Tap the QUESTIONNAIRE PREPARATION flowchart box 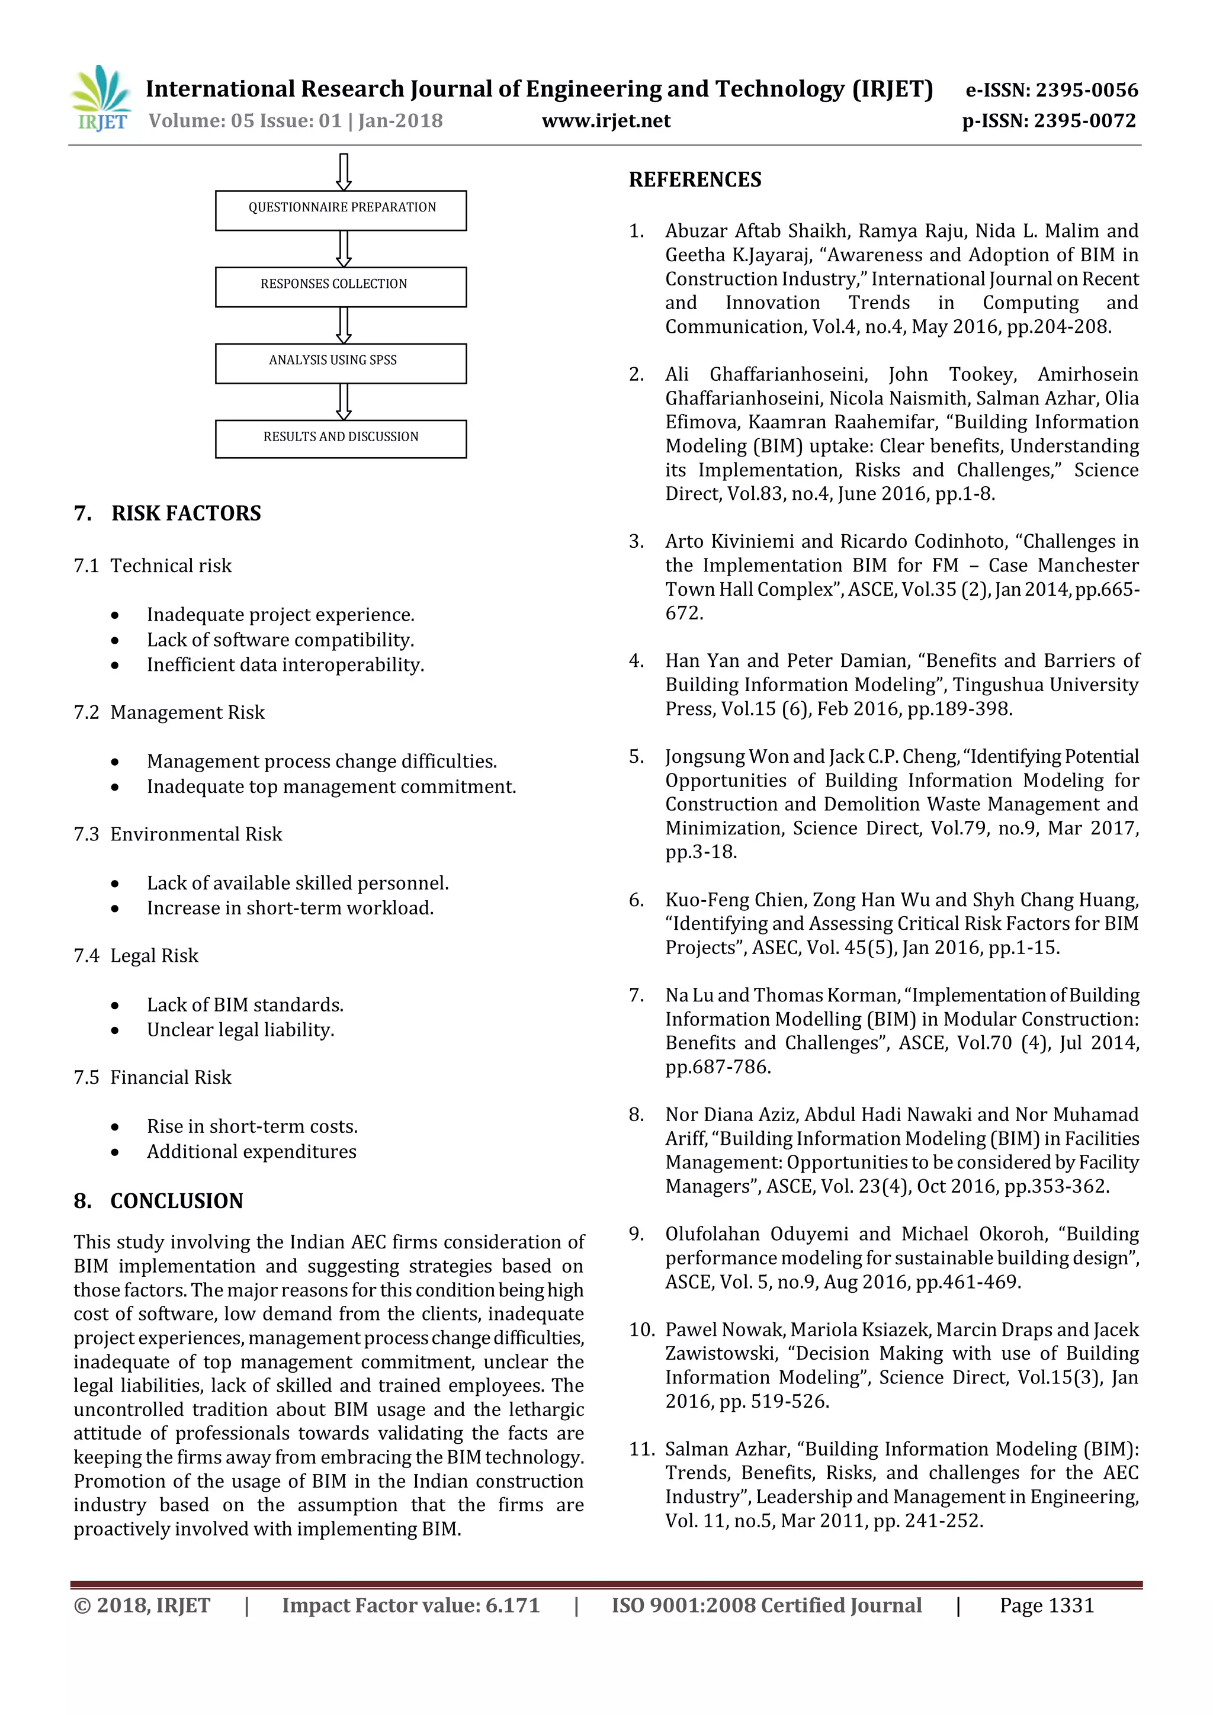[x=341, y=210]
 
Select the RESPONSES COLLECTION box [x=341, y=286]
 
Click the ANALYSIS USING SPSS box [x=341, y=363]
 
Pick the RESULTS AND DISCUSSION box [x=341, y=438]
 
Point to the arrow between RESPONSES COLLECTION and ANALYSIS [x=344, y=325]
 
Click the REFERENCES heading [x=695, y=179]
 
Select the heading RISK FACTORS [x=186, y=513]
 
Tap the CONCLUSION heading [x=177, y=1200]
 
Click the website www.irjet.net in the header [x=606, y=121]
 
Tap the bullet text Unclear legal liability [x=240, y=1029]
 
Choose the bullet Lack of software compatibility [x=280, y=640]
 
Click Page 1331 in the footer [x=1047, y=1605]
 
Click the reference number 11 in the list [x=641, y=1449]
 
